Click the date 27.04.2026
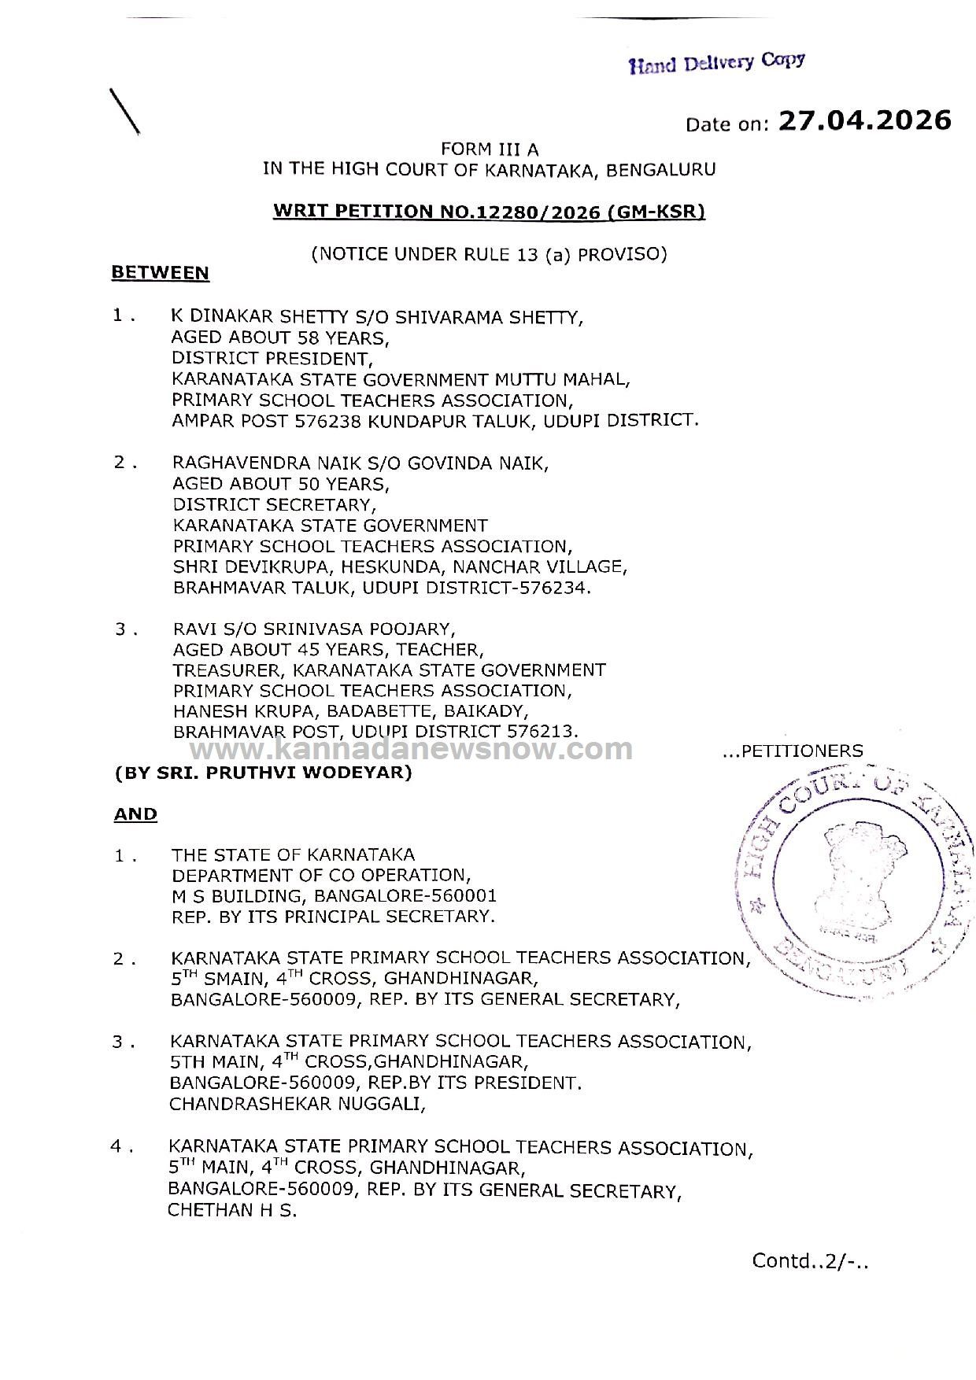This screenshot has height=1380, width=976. [864, 120]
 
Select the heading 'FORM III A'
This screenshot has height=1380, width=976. [490, 149]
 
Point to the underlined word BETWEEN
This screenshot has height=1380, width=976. [161, 273]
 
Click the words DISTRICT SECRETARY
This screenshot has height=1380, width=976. [272, 504]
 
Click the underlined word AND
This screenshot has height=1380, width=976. [135, 814]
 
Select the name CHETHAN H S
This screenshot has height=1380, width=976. [232, 1210]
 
